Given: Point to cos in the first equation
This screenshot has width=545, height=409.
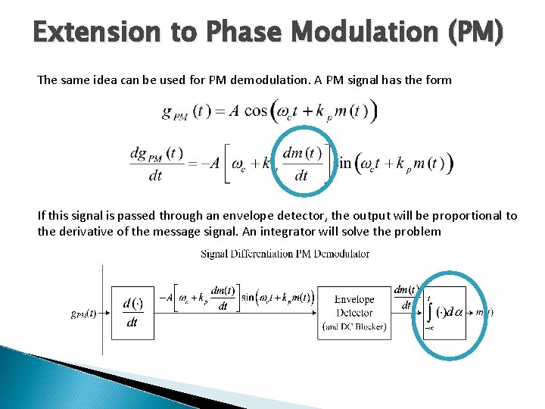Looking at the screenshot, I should pos(256,111).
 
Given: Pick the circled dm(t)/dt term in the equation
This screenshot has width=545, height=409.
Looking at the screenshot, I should pos(301,163).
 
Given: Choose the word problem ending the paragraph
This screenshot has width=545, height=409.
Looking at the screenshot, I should pos(416,231).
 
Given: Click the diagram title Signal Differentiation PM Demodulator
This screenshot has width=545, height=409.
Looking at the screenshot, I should pos(285,254).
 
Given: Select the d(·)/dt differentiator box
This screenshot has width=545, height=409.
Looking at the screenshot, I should pos(132,313).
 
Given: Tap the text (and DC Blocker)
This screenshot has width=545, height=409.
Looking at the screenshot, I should pos(354,326).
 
